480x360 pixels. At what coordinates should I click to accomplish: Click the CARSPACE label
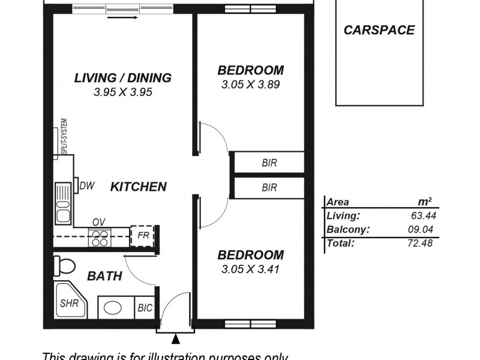pos(379,30)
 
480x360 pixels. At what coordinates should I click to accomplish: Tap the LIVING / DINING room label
pos(123,78)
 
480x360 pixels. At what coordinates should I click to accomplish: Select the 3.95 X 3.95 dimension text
pos(123,92)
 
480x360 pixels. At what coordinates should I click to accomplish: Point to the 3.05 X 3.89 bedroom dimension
pos(250,85)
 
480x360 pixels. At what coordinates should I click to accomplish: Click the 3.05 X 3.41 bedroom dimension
pos(250,269)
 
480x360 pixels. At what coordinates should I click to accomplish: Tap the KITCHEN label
pos(138,187)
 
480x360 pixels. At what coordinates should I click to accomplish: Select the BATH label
pos(105,277)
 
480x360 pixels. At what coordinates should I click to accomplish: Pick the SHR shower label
pos(69,304)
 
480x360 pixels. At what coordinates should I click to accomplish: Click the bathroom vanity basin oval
pos(113,308)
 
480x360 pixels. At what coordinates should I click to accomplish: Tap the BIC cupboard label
pos(145,308)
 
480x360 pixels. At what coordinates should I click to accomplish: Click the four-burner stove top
pos(100,238)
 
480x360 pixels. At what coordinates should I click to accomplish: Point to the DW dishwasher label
pos(86,186)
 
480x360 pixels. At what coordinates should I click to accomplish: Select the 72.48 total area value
pos(418,243)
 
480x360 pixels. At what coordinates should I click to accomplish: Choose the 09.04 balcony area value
pos(418,230)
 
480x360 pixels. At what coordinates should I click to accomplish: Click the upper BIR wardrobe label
pos(269,163)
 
